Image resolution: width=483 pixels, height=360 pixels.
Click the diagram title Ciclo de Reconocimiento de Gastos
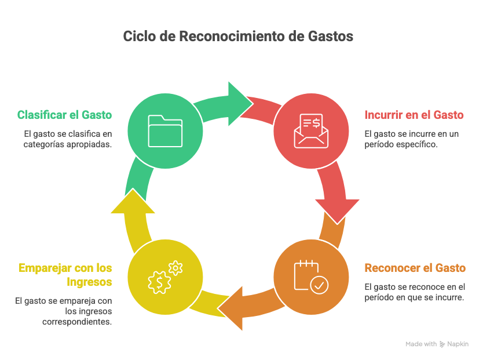238,36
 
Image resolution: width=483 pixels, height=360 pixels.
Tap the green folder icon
165,131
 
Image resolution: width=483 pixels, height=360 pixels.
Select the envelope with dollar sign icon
311,131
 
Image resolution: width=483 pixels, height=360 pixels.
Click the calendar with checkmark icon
311,277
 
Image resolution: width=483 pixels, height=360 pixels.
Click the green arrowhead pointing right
240,104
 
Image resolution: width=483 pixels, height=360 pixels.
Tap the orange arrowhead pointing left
230,308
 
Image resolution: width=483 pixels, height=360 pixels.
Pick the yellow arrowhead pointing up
133,201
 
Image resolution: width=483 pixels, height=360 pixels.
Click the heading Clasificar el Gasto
64,115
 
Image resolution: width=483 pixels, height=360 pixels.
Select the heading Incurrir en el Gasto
414,115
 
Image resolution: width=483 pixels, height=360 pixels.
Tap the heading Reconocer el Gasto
415,268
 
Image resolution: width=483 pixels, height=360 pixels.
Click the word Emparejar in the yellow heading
45,268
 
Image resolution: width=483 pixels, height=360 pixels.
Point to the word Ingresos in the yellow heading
89,282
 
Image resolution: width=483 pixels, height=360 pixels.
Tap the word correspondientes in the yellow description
77,322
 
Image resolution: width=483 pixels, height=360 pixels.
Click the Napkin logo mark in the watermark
442,344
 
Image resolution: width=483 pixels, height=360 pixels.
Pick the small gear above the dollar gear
175,268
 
